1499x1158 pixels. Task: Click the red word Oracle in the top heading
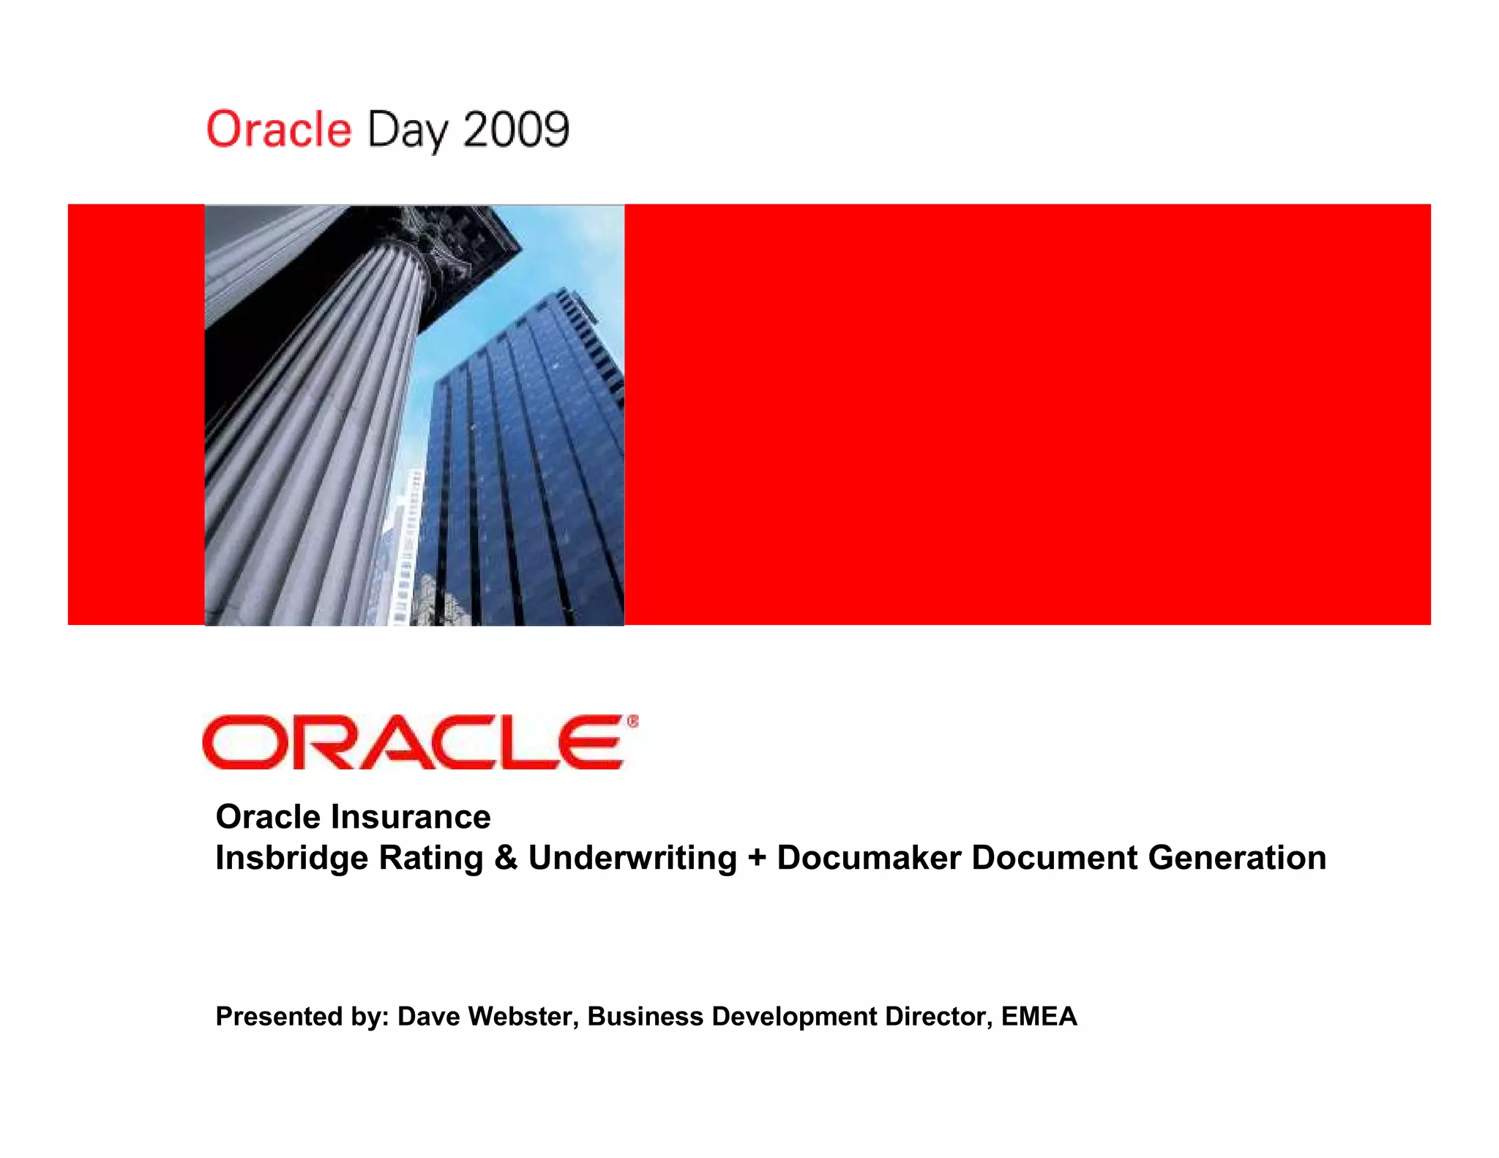[x=279, y=130]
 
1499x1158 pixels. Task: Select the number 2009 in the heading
[x=516, y=130]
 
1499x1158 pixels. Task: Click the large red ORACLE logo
[x=414, y=742]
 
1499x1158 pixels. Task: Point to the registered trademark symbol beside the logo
[x=632, y=722]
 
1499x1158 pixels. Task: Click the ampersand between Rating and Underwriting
[x=506, y=858]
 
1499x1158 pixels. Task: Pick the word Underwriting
[x=632, y=858]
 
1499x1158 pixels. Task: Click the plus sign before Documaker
[x=757, y=858]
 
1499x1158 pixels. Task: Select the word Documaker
[x=869, y=858]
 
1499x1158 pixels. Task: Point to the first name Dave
[x=429, y=1017]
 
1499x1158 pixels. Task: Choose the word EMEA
[x=1039, y=1017]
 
